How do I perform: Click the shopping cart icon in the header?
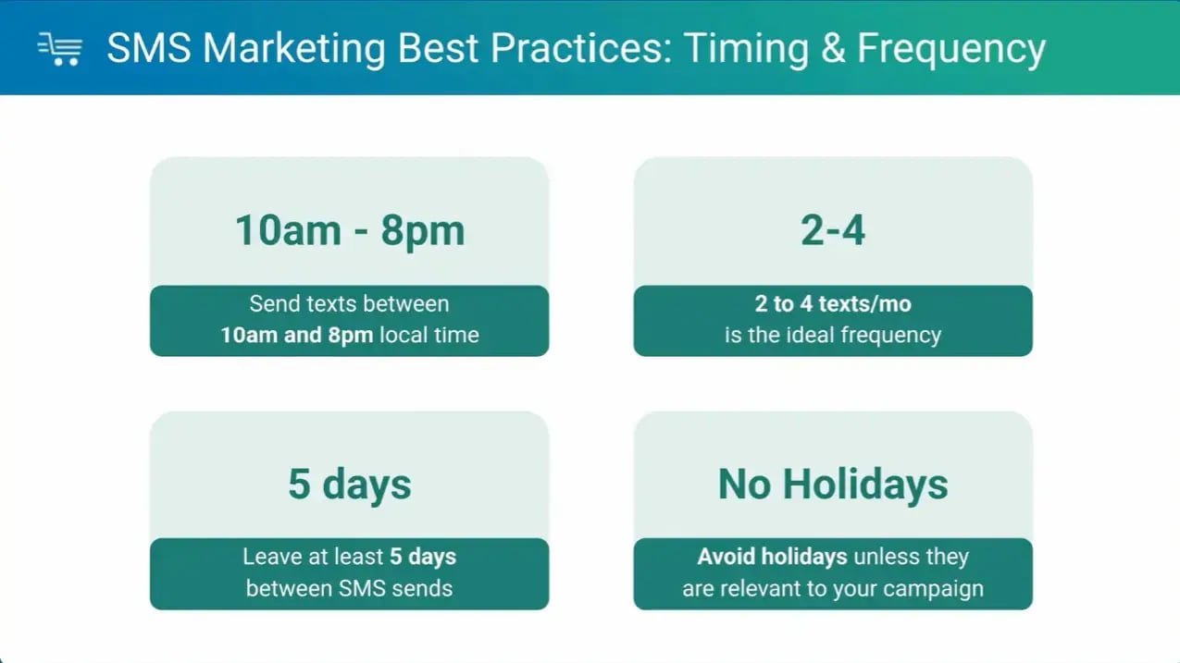tap(60, 48)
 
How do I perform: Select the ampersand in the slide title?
tap(832, 49)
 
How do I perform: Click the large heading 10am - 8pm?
tap(349, 231)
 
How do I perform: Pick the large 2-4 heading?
tap(833, 231)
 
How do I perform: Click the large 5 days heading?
tap(349, 485)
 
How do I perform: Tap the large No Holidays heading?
tap(833, 485)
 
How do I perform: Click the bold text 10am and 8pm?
tap(296, 335)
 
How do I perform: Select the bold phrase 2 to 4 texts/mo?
tap(833, 304)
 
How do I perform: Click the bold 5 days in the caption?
tap(422, 558)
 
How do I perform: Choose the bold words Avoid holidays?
tap(772, 558)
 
